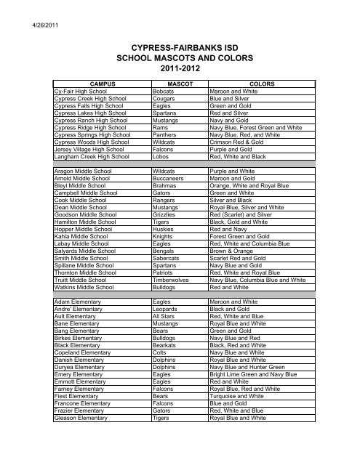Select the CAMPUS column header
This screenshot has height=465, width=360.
click(x=102, y=84)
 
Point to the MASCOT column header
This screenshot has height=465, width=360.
click(x=178, y=84)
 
